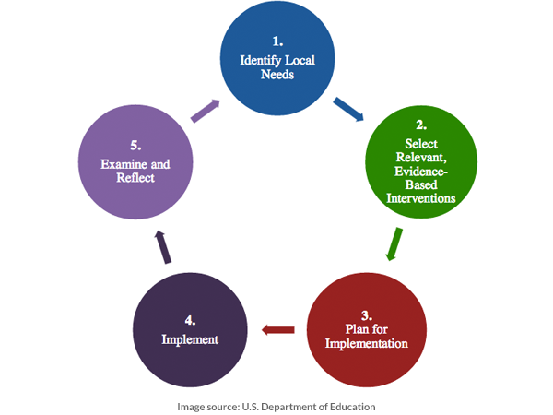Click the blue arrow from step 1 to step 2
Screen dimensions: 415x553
[347, 111]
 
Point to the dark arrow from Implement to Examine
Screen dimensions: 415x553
[162, 247]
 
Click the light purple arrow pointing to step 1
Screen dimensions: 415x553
[205, 113]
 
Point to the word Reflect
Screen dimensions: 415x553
[135, 178]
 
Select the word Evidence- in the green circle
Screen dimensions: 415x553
[421, 171]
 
